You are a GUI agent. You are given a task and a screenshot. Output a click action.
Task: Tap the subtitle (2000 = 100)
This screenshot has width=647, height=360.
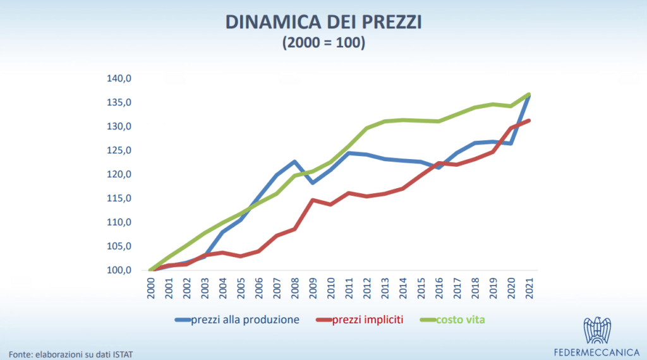coord(323,44)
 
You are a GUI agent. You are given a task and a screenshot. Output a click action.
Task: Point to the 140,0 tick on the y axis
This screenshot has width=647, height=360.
coord(119,79)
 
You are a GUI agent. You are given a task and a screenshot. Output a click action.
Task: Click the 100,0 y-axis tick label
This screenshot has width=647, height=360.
coord(119,271)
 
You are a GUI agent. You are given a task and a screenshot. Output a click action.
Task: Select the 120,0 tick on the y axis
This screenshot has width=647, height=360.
coord(119,175)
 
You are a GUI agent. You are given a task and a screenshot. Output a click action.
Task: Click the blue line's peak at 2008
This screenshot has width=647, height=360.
coord(295,162)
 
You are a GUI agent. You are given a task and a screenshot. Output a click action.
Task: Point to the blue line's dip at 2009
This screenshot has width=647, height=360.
coord(313,183)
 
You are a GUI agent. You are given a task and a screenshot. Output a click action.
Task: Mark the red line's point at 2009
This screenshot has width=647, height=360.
coord(313,200)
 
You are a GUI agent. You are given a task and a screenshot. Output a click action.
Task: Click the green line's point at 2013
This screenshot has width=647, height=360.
coord(385,121)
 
